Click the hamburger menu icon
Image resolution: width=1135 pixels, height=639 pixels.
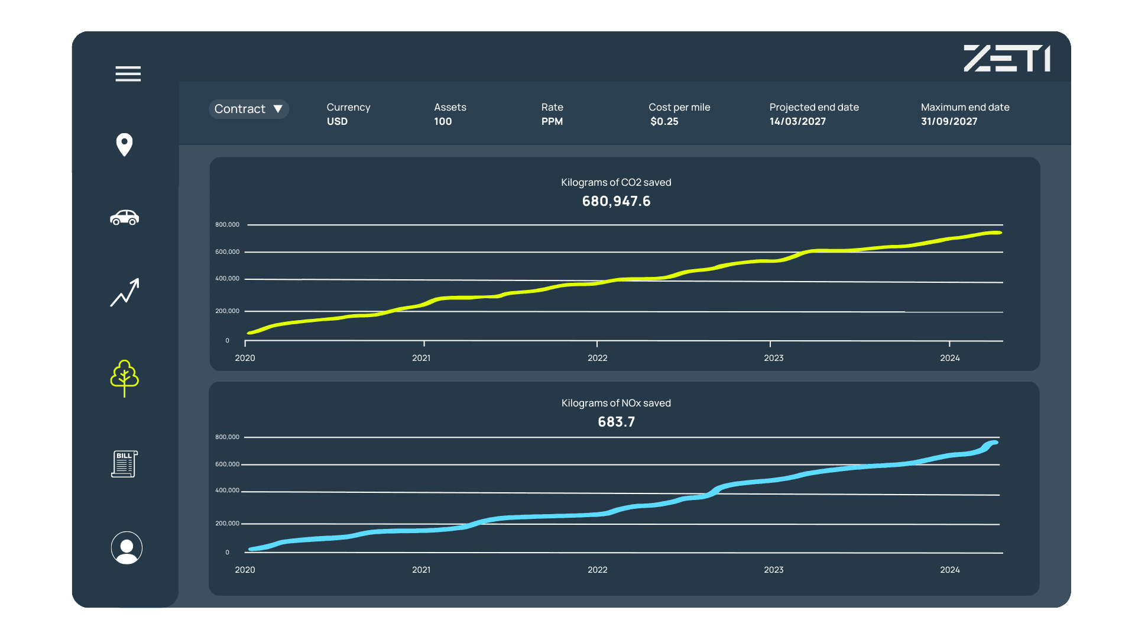click(128, 74)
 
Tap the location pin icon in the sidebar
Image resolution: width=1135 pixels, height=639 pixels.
click(124, 145)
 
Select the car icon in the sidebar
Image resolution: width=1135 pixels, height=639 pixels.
click(124, 218)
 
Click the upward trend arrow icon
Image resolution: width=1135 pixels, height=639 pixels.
click(125, 292)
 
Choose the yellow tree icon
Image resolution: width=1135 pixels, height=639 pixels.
click(124, 378)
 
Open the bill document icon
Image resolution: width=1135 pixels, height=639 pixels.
click(124, 464)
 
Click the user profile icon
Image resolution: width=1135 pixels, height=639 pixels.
click(127, 548)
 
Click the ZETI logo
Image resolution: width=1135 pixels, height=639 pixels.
click(1007, 59)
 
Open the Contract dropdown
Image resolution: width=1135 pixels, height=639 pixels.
click(248, 109)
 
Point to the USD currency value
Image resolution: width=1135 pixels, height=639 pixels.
click(337, 121)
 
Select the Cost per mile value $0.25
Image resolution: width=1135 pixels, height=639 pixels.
click(664, 121)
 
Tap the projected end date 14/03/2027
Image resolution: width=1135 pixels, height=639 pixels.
click(797, 121)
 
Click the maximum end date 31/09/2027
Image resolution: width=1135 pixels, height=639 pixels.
click(949, 121)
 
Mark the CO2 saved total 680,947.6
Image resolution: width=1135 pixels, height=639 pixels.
click(616, 201)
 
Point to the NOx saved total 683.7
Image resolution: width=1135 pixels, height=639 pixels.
click(616, 422)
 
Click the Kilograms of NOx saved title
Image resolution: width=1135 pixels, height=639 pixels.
click(616, 403)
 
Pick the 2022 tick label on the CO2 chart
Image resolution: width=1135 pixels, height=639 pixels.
click(597, 358)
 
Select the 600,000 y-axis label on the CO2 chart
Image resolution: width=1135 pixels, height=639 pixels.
click(227, 252)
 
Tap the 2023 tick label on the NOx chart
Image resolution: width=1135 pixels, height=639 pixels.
click(773, 570)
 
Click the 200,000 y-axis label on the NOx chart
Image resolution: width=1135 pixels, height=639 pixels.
click(227, 524)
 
